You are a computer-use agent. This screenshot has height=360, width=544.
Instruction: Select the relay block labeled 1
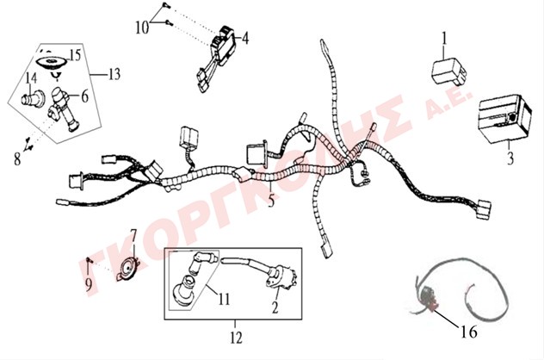(448, 71)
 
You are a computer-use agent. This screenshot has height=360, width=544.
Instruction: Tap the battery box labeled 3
(505, 119)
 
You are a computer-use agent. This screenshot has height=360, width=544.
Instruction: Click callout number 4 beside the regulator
(245, 38)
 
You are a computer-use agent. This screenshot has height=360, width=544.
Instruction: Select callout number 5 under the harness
(271, 201)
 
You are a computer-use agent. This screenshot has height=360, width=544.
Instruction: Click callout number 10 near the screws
(142, 28)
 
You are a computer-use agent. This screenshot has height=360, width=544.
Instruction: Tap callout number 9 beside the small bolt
(89, 285)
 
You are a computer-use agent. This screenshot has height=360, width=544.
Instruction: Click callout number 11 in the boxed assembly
(224, 298)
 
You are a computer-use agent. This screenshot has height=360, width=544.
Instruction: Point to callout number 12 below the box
(236, 337)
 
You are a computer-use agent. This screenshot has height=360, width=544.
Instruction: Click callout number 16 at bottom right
(469, 332)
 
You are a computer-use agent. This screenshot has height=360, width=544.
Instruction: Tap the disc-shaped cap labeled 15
(52, 63)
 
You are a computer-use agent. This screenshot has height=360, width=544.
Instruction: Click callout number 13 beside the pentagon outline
(114, 74)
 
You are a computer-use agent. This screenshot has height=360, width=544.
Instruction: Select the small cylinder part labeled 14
(33, 97)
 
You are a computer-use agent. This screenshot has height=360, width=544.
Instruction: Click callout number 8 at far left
(17, 159)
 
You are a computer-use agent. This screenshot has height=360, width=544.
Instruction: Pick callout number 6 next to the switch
(85, 96)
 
